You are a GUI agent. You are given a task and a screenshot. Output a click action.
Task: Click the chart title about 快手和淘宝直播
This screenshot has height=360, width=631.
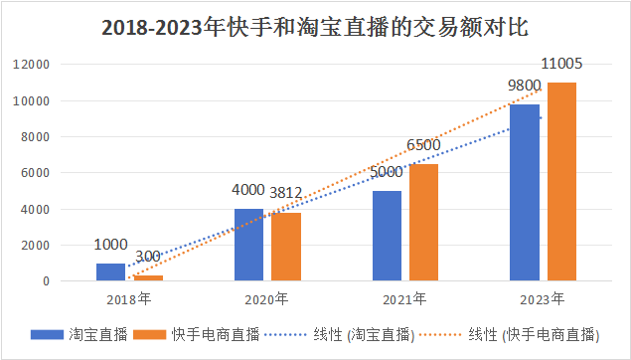[315, 27]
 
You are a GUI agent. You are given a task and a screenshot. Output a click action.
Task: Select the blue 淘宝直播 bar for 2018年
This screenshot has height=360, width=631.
[110, 271]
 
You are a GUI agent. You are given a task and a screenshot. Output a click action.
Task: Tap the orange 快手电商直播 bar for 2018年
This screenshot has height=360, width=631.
[148, 277]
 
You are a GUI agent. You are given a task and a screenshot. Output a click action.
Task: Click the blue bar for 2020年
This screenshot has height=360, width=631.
[248, 245]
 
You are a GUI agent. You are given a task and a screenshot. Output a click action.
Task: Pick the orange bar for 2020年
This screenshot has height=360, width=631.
[286, 247]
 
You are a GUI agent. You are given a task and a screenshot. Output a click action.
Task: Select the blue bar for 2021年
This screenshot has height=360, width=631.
[387, 236]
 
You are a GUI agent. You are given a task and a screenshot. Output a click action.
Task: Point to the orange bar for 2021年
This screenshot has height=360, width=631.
[423, 223]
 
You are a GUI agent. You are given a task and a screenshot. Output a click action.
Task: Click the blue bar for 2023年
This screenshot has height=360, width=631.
[524, 193]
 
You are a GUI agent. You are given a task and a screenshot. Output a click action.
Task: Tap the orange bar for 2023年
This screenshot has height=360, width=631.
[561, 182]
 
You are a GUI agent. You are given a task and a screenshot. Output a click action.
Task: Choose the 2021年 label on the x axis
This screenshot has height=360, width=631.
[405, 298]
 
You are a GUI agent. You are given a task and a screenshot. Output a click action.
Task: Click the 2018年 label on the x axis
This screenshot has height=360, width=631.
[129, 298]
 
